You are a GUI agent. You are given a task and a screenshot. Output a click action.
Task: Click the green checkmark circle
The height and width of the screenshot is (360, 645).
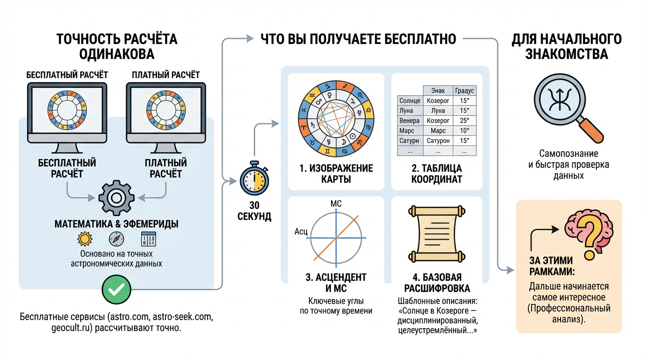[x=116, y=290]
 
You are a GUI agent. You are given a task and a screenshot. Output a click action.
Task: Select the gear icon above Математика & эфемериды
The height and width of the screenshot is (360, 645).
[x=116, y=197]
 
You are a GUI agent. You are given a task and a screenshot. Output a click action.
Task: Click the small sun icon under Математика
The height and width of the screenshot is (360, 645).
[x=85, y=239]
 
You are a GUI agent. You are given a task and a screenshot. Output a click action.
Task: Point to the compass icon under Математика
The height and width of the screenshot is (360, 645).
[x=116, y=239]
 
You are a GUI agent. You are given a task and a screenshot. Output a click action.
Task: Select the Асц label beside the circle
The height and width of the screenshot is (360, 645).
[x=300, y=232]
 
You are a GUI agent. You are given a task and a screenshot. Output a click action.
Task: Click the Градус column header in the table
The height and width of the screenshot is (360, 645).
[x=465, y=90]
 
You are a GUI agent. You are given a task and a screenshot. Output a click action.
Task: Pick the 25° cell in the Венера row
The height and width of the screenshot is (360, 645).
[x=465, y=120]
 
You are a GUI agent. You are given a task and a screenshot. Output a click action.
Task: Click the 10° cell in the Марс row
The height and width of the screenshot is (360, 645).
[x=465, y=130]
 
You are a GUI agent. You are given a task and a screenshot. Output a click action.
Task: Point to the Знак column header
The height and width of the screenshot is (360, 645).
[x=438, y=90]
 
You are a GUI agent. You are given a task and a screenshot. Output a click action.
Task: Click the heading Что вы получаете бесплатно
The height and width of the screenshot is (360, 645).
[x=358, y=39]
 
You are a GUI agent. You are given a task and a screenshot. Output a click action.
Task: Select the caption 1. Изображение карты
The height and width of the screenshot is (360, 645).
[x=336, y=173]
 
